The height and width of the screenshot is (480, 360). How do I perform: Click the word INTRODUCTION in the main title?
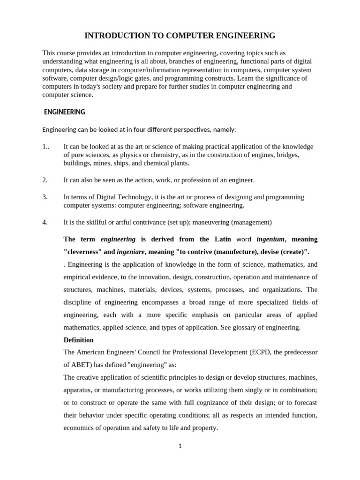click(113, 36)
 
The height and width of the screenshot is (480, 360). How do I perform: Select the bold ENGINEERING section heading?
click(64, 112)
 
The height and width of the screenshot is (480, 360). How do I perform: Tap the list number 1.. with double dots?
click(46, 147)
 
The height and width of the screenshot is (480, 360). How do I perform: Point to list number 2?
click(45, 180)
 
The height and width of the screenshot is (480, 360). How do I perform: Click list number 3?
click(45, 197)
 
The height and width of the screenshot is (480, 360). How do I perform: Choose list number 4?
click(45, 222)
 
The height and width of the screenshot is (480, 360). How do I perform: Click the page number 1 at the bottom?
click(180, 446)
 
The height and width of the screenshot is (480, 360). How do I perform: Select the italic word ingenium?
click(270, 239)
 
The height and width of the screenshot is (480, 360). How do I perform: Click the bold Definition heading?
click(78, 340)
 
